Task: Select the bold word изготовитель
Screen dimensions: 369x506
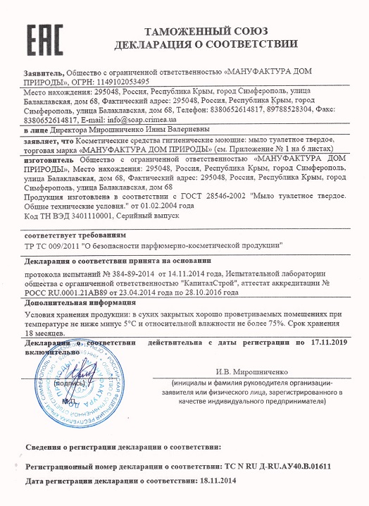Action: click(51, 161)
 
